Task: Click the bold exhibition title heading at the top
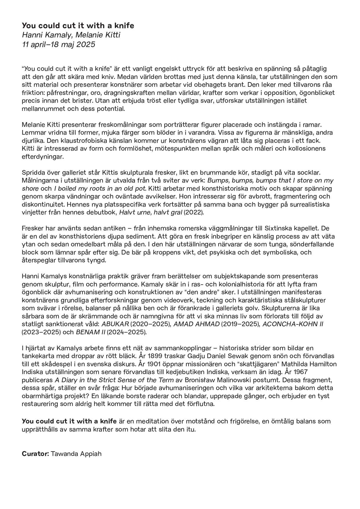78,26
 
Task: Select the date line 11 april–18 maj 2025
58,44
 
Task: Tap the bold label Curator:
35,454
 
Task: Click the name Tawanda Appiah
76,454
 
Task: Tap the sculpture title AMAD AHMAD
196,324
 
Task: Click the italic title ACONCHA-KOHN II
293,324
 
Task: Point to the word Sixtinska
276,228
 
